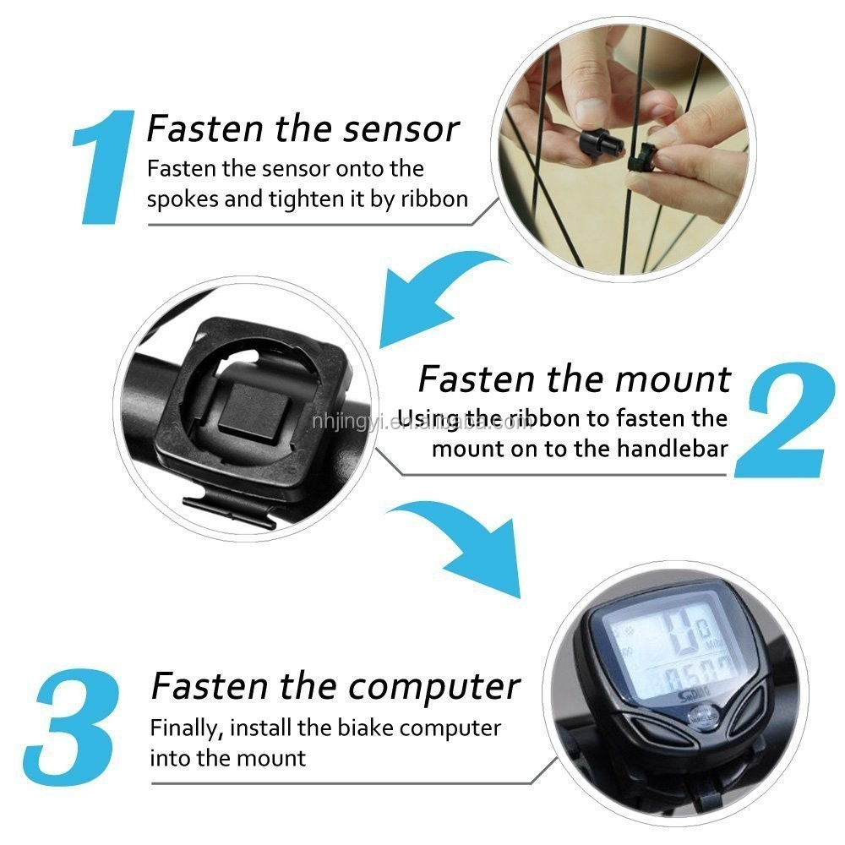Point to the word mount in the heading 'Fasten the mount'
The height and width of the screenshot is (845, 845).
click(x=673, y=379)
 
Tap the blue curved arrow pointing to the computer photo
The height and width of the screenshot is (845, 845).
click(x=469, y=541)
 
